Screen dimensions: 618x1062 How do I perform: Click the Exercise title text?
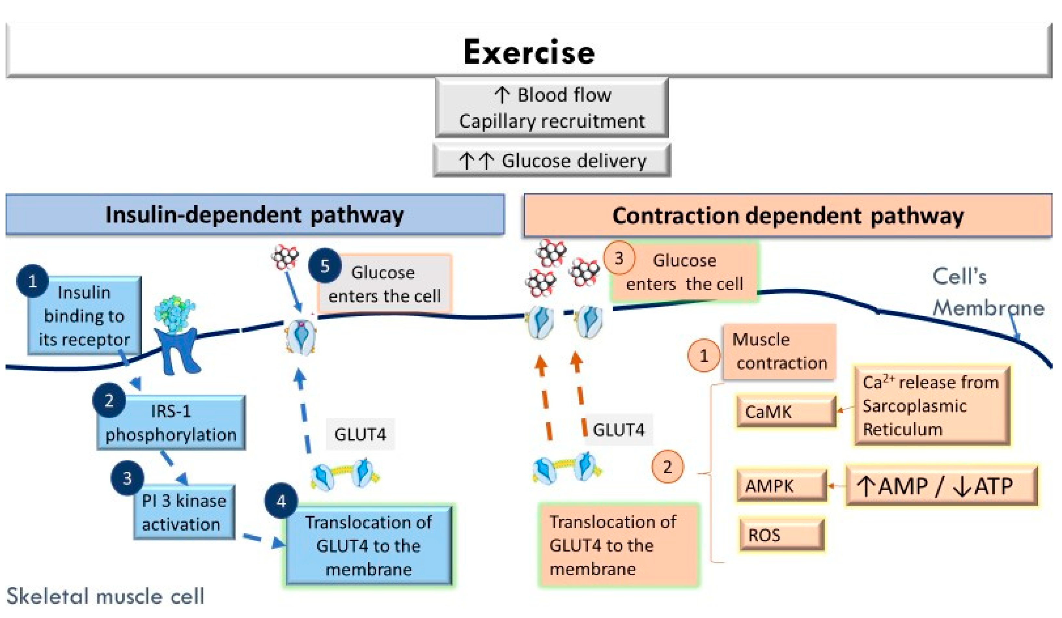point(529,52)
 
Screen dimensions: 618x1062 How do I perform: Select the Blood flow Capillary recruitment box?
point(552,108)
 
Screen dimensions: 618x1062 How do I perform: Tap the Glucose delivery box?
point(552,161)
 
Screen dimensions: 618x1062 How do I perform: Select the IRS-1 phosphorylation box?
point(171,422)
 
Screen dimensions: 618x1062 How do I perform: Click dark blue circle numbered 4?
point(281,501)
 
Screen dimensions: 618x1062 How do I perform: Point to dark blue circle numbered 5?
point(325,266)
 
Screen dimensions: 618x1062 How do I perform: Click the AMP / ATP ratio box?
point(941,486)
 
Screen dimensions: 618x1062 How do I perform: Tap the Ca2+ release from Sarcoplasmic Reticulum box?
point(931,405)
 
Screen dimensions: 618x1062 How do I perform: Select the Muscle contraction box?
point(779,351)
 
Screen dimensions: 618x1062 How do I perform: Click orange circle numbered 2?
point(667,467)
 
